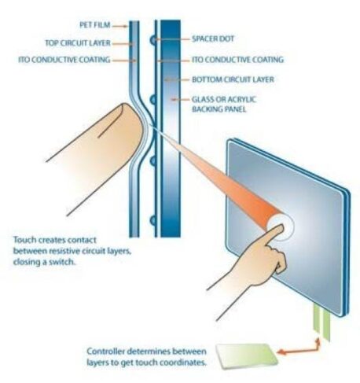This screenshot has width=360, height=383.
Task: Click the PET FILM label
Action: [95, 25]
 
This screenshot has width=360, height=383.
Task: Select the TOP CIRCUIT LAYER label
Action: [78, 43]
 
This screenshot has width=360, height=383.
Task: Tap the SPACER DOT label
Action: [213, 39]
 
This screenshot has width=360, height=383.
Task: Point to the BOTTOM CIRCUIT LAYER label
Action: [233, 79]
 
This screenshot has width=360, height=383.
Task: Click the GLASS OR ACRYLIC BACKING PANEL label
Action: [224, 104]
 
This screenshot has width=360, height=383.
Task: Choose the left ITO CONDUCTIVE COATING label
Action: [64, 60]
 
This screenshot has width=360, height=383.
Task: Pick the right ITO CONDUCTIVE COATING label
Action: [237, 60]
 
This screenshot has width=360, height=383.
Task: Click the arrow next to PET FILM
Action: [120, 26]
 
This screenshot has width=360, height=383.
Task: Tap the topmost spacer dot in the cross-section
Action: [152, 40]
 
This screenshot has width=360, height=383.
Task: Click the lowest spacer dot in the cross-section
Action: [152, 221]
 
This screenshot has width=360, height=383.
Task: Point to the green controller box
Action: [246, 356]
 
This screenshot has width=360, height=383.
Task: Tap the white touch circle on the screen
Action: [281, 227]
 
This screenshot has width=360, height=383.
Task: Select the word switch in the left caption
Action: [62, 262]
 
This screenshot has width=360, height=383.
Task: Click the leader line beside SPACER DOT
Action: [173, 39]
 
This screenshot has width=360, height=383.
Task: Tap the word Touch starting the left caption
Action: [24, 240]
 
